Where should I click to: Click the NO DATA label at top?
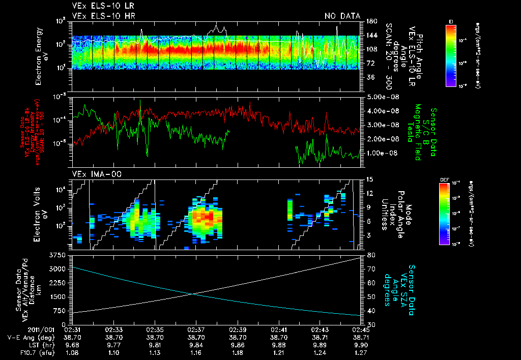(342, 16)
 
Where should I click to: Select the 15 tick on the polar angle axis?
(369, 179)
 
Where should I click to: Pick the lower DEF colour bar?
(451, 214)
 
